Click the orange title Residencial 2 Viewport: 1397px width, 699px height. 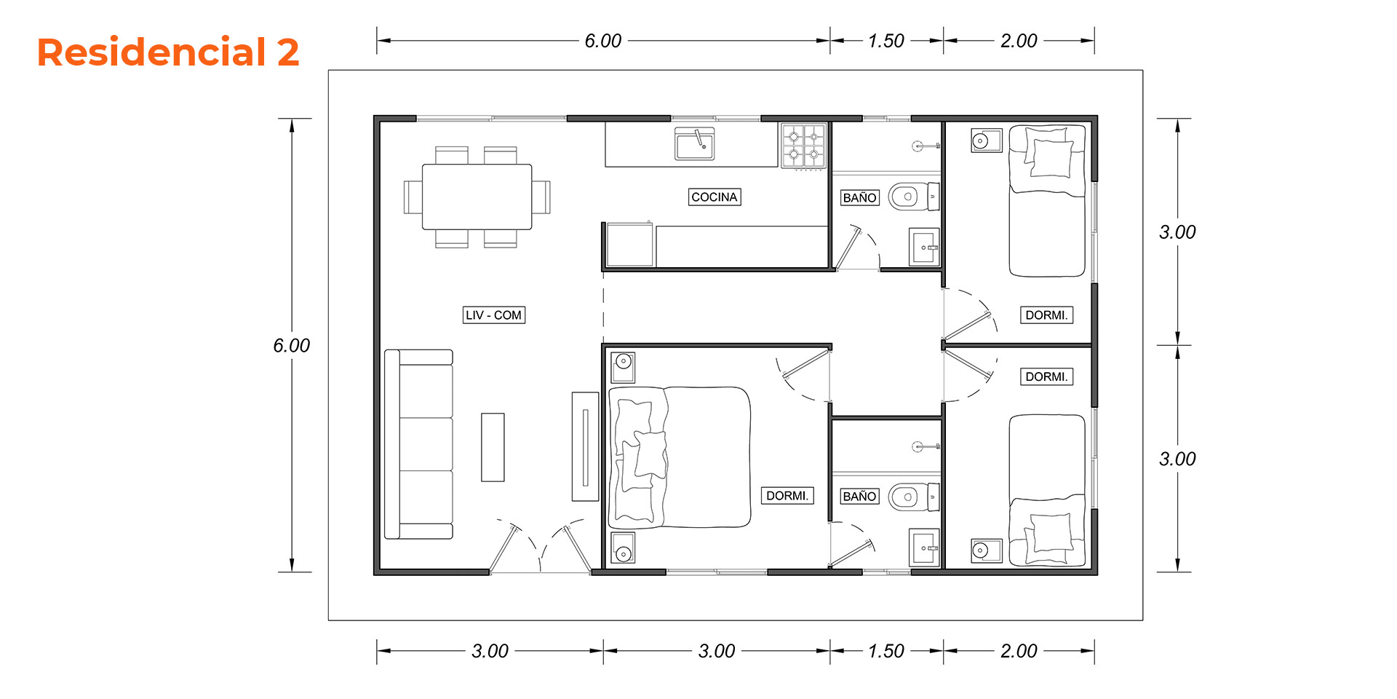click(x=168, y=52)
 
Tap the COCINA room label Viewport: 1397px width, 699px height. click(x=715, y=197)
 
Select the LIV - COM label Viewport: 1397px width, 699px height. click(x=494, y=315)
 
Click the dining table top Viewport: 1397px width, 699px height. click(x=477, y=197)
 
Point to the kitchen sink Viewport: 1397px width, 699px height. click(x=694, y=144)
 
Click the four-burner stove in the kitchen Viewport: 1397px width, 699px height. click(x=804, y=146)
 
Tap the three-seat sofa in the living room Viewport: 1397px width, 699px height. click(x=418, y=444)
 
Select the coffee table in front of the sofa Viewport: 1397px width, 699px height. click(x=493, y=447)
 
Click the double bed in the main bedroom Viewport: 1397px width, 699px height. click(x=679, y=457)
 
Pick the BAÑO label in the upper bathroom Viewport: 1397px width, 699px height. click(x=859, y=197)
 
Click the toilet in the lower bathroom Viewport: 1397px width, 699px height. click(x=914, y=497)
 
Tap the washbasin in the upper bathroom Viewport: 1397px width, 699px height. click(x=924, y=248)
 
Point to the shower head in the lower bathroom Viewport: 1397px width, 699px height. click(x=925, y=446)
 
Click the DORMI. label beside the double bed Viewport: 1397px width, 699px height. click(x=787, y=495)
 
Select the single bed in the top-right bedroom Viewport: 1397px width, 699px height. click(x=1047, y=201)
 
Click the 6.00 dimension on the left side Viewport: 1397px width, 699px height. click(x=292, y=345)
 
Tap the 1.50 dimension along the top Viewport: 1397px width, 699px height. click(x=886, y=41)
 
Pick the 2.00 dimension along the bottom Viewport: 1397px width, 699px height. click(x=1019, y=651)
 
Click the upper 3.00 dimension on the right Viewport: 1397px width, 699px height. click(x=1177, y=232)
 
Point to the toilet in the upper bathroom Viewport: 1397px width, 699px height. click(x=914, y=197)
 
